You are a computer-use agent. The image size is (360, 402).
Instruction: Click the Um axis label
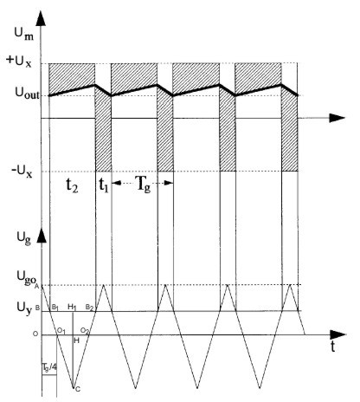pos(24,34)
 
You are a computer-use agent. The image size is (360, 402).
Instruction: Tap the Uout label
pos(27,93)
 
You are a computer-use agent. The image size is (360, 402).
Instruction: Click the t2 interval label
pos(72,185)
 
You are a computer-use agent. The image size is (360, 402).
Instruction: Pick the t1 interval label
pos(103,185)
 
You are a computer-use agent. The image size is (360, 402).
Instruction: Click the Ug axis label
pos(23,239)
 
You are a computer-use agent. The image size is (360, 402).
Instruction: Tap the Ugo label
pos(27,278)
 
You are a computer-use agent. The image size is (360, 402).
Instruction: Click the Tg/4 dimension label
pos(49,367)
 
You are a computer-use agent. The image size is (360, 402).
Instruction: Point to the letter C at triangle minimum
pos(78,389)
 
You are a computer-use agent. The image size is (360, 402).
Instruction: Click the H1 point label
pos(72,307)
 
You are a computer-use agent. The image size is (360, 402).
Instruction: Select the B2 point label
pos(89,308)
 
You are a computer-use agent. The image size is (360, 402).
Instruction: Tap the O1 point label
pos(61,330)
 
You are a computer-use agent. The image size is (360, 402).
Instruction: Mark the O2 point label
pos(85,331)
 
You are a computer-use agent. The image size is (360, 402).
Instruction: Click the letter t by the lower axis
pos(333,347)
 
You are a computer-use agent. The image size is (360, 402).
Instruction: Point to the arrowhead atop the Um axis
pos(42,19)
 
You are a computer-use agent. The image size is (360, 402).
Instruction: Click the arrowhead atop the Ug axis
pos(42,236)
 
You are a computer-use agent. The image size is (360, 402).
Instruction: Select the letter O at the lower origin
pos(35,334)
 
